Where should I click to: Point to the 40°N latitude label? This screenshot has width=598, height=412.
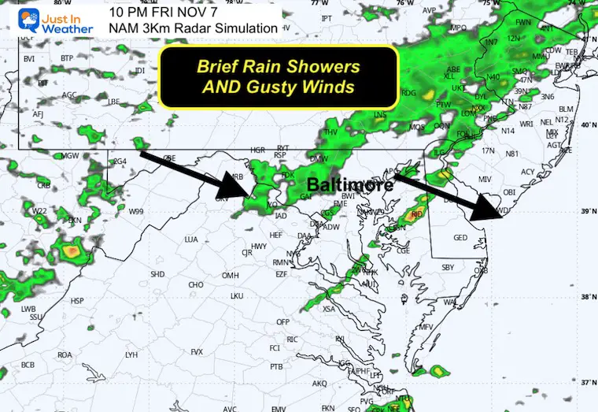585,125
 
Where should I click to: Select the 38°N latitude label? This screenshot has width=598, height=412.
585,298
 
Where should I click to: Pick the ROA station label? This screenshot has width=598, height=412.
65,354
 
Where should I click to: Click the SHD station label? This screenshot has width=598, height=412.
157,274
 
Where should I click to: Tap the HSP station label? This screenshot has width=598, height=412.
77,301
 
